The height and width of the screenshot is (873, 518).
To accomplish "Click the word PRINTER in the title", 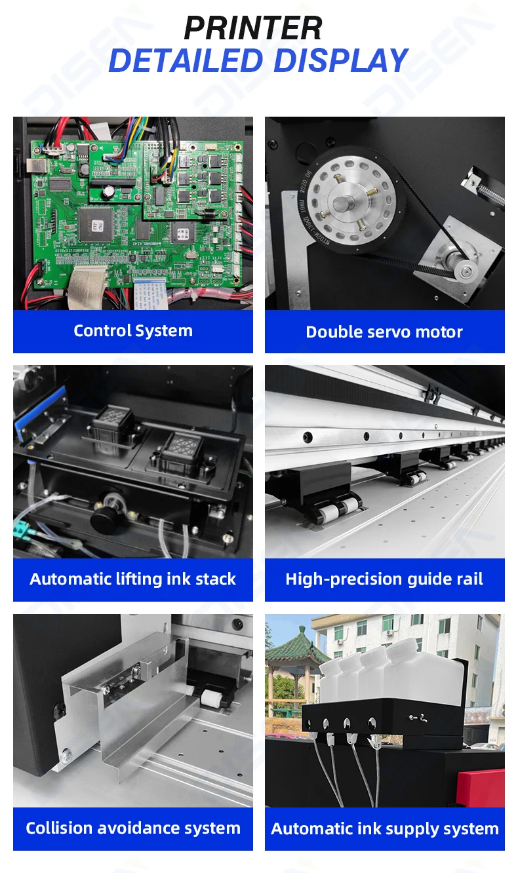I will point(253,29).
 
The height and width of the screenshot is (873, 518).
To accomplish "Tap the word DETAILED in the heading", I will point(186,61).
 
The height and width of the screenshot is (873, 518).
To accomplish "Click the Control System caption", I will point(133,331).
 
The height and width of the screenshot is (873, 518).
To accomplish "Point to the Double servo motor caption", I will point(384,332).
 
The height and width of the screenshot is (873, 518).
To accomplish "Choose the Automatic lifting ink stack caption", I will point(133,579).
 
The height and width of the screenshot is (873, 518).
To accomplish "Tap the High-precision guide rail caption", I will point(384,579).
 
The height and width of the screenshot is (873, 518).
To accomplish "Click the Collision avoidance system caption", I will point(133,828).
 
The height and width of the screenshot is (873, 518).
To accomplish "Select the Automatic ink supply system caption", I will point(384,828).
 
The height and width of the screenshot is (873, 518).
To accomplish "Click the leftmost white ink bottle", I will point(333,678).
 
